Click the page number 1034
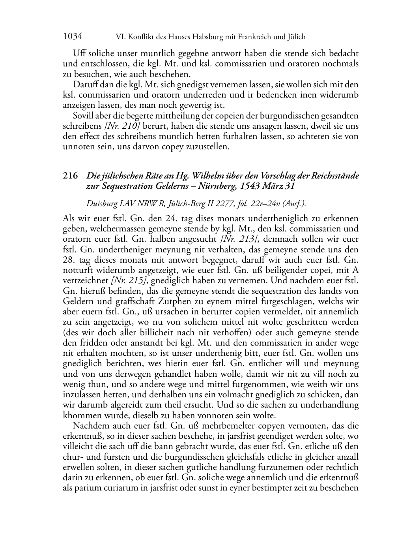click(73, 37)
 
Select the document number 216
click(70, 176)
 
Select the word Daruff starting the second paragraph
click(85, 85)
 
